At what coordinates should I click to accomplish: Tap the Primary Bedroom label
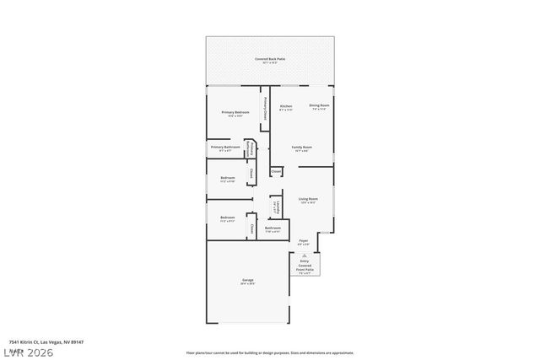tap(235, 113)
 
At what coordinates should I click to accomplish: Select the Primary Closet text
tap(267, 109)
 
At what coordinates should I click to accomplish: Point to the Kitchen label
tap(286, 107)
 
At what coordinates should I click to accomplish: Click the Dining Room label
tap(319, 106)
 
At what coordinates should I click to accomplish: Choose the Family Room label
tap(301, 148)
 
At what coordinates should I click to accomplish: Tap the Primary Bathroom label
tap(225, 148)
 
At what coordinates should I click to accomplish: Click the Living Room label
tap(307, 200)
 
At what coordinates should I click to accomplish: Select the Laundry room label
tap(275, 207)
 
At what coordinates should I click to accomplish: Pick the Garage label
tap(248, 282)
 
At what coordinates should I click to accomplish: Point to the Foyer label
tap(304, 242)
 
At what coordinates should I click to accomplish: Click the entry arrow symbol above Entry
tap(304, 255)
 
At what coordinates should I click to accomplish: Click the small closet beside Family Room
tap(276, 171)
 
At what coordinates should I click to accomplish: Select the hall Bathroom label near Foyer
tap(273, 228)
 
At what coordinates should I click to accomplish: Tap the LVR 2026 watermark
tap(27, 352)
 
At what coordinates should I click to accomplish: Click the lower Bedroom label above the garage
tap(227, 219)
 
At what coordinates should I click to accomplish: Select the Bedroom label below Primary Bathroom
tap(227, 179)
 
